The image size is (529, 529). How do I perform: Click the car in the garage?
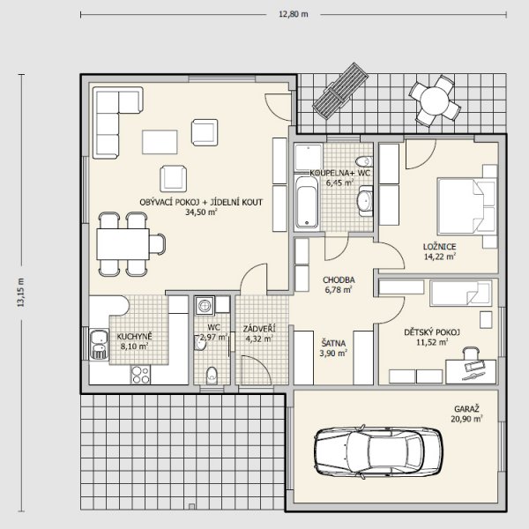378,451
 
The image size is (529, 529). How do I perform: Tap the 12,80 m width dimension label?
294,14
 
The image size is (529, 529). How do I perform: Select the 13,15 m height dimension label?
21,292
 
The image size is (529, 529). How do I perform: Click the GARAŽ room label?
466,409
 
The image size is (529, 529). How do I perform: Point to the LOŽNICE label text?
440,247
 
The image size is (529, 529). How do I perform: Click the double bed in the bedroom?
466,206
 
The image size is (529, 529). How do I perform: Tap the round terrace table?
435,101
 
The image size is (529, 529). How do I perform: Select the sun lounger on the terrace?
340,91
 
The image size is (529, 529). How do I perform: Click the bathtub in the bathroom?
307,203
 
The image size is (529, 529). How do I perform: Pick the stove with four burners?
140,375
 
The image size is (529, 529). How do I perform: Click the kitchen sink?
99,345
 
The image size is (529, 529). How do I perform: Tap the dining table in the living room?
123,244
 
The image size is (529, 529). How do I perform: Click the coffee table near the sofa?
160,142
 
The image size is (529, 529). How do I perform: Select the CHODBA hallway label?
339,280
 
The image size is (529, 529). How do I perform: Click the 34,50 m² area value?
201,212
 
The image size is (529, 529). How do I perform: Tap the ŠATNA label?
333,344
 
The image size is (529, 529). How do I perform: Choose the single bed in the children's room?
460,293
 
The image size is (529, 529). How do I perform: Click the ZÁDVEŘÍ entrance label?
259,328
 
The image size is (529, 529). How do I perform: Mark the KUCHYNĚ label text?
135,337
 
